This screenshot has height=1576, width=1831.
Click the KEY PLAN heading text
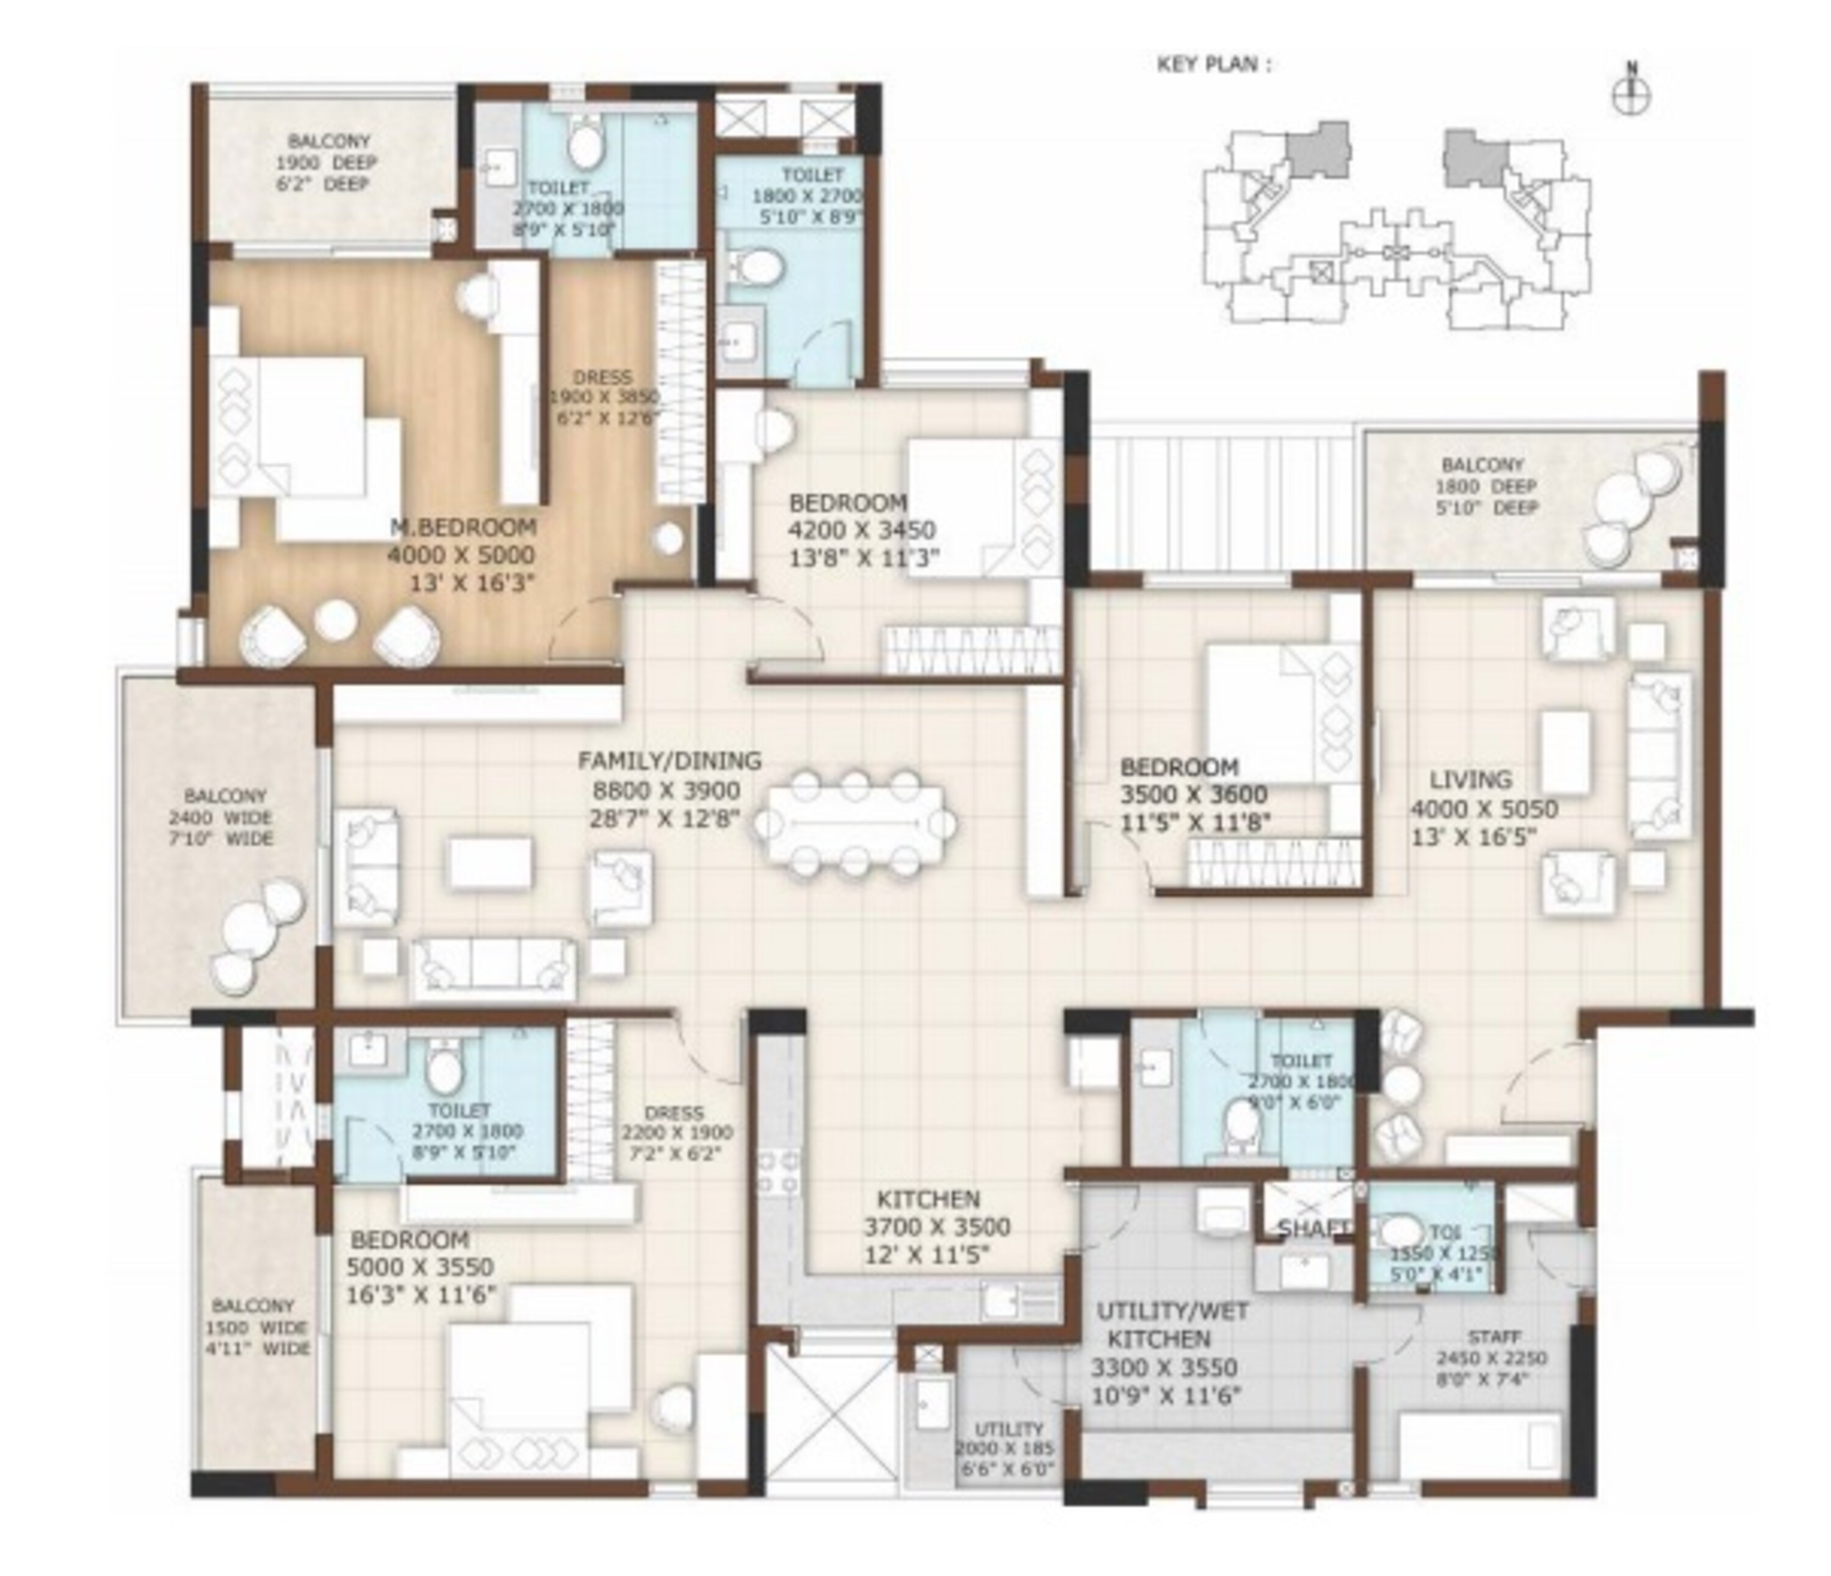[x=1214, y=65]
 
